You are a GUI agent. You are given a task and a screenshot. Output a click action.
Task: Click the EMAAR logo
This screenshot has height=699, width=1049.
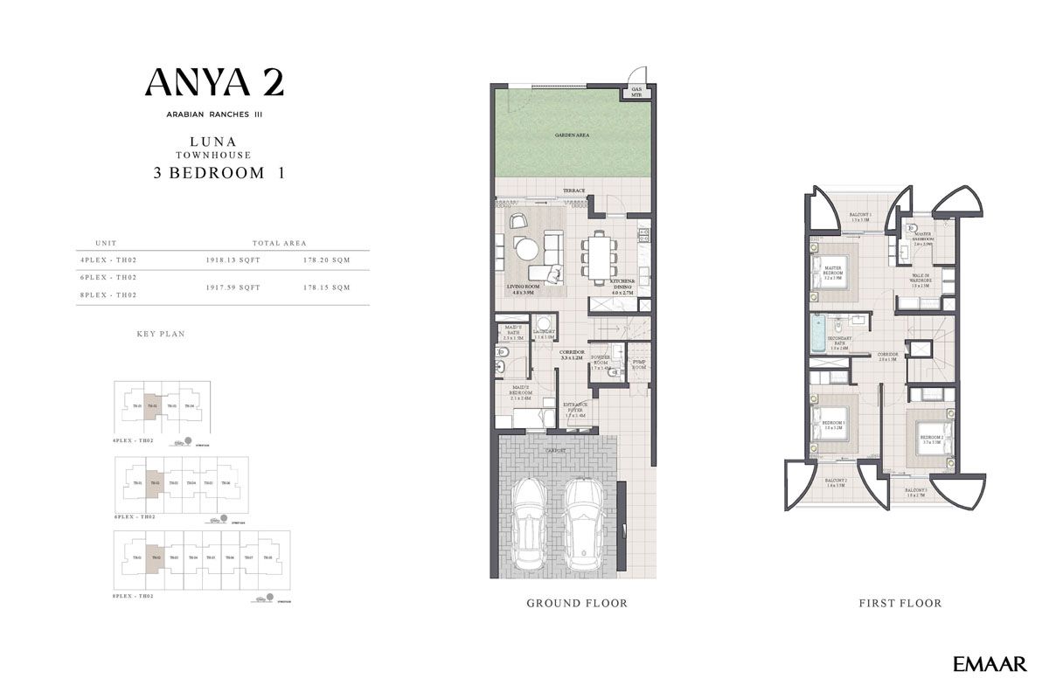[x=990, y=665]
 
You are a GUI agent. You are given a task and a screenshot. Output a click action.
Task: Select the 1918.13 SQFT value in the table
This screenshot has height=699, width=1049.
[x=232, y=259]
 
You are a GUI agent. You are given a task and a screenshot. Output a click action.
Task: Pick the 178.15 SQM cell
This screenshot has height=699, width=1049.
[x=327, y=287]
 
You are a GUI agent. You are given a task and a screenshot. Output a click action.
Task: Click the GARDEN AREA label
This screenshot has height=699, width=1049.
[x=572, y=135]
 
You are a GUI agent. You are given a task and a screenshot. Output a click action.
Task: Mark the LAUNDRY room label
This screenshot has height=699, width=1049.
[x=545, y=333]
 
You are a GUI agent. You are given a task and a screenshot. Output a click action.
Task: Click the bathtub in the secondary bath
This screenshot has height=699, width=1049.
[x=819, y=334]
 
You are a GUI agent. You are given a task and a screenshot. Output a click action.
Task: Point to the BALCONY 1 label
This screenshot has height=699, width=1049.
[x=860, y=216]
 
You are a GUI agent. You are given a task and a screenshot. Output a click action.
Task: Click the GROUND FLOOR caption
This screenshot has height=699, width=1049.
[x=576, y=603]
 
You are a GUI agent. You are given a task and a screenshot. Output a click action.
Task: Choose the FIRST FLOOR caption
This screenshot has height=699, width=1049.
[x=900, y=603]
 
